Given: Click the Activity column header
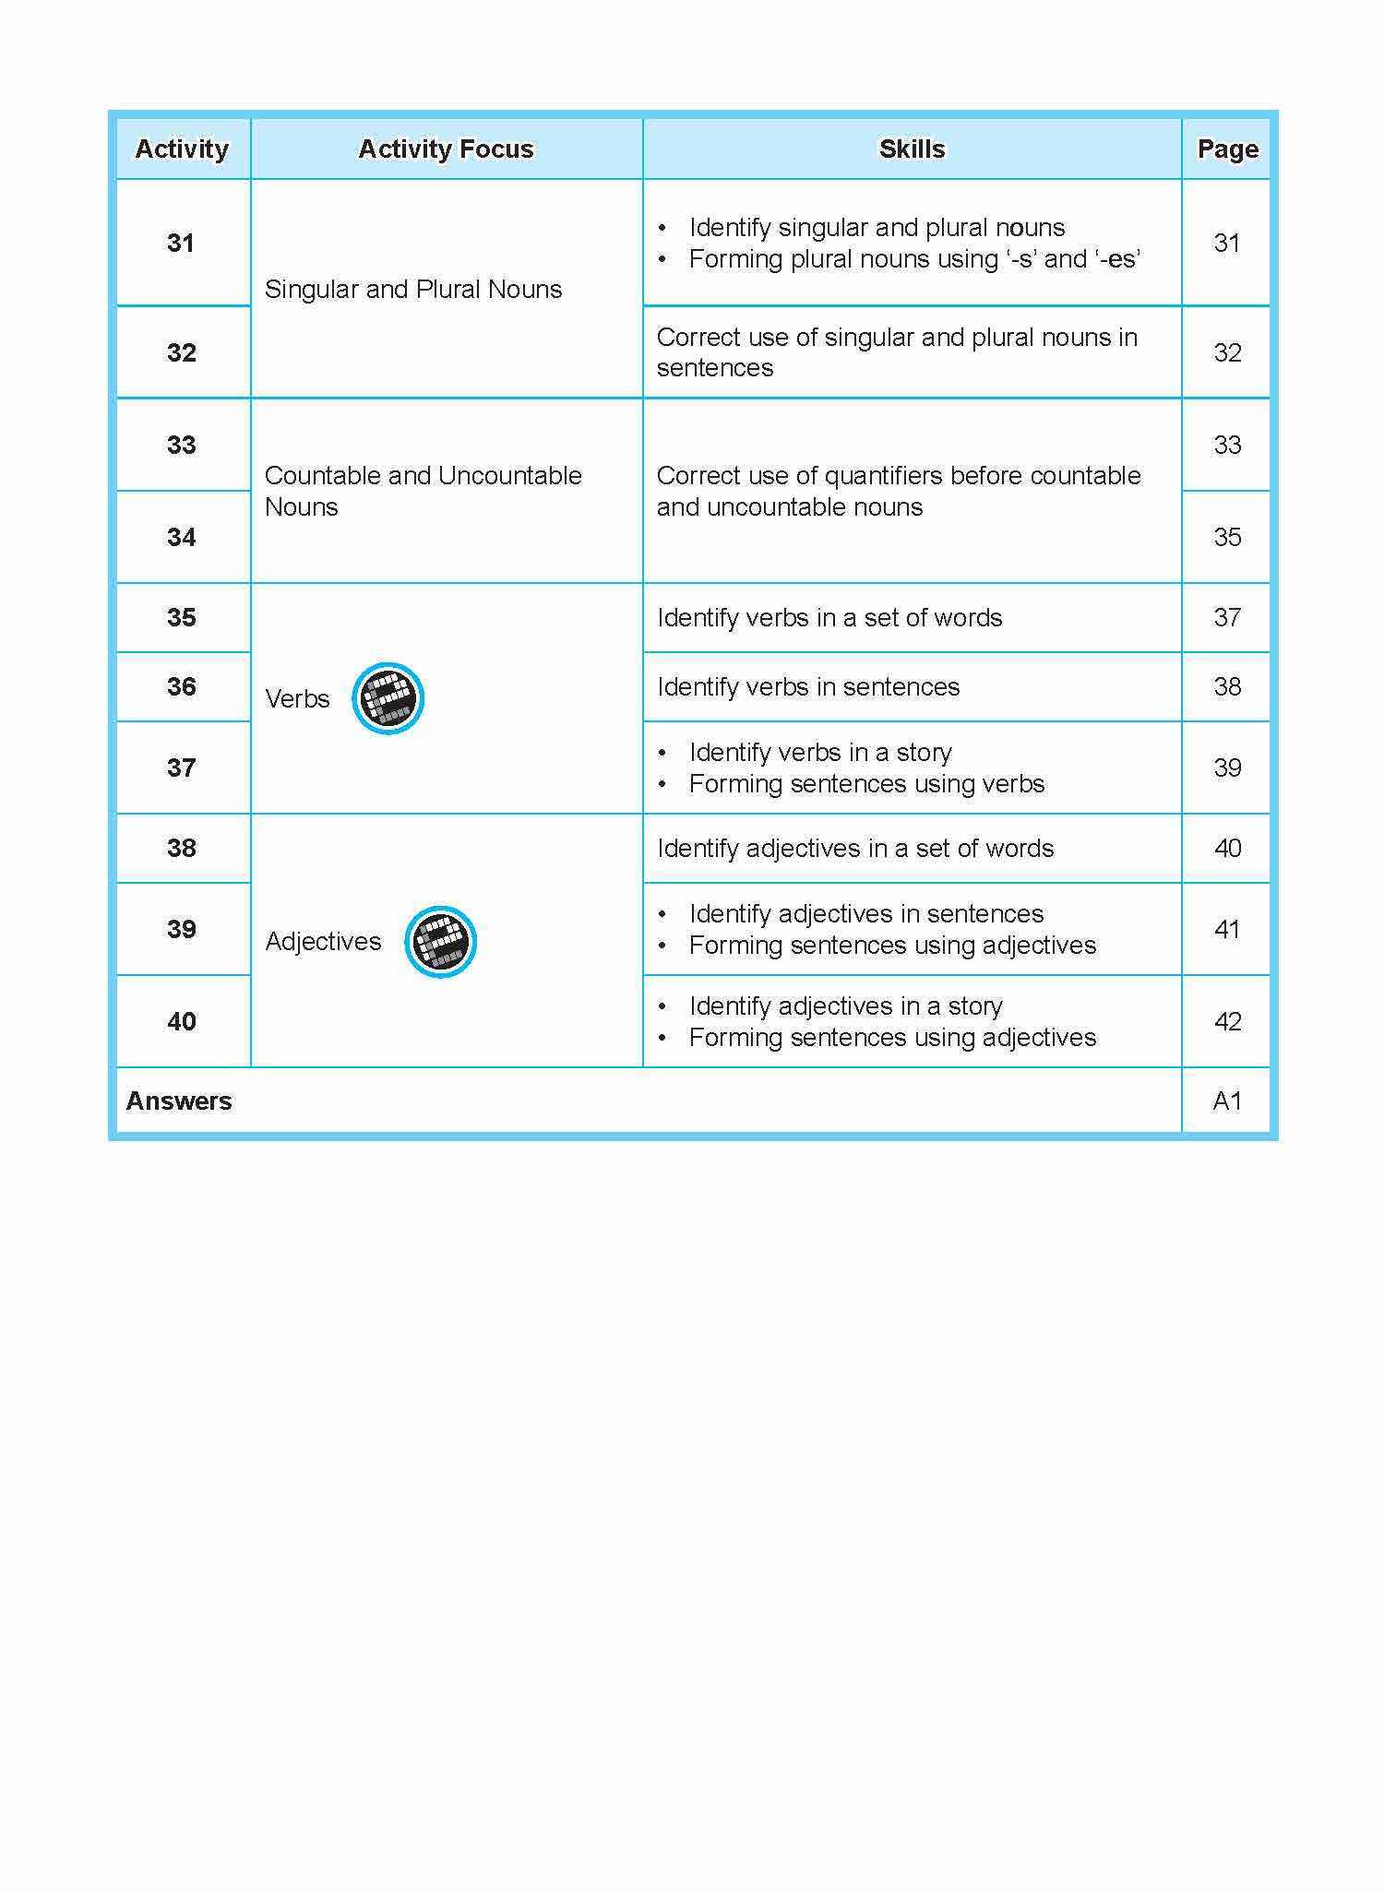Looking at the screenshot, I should click(x=182, y=149).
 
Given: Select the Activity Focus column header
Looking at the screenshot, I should click(x=446, y=149).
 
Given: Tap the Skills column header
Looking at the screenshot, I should click(x=912, y=149).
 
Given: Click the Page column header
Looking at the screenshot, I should click(x=1227, y=149).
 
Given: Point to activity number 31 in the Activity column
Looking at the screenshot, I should click(x=181, y=243).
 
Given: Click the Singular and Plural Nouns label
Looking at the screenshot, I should click(x=413, y=289).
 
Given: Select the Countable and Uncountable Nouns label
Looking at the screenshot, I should click(x=423, y=491).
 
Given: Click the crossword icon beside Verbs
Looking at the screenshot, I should click(x=388, y=698).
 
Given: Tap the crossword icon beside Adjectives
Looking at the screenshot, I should click(x=440, y=942).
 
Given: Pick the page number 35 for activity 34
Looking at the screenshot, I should click(x=1227, y=537).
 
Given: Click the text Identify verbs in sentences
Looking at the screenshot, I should click(x=808, y=686).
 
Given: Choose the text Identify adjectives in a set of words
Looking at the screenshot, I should click(x=855, y=848).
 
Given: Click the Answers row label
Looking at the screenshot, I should click(x=179, y=1101).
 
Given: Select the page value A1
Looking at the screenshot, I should click(x=1227, y=1101).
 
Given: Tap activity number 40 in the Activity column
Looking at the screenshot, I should click(x=182, y=1021).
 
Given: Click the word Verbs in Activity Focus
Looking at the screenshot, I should click(x=297, y=698).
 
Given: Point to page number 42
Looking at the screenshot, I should click(x=1227, y=1021).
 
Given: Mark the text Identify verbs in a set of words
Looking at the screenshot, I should click(x=829, y=617).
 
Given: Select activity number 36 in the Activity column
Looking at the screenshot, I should click(x=182, y=686).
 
